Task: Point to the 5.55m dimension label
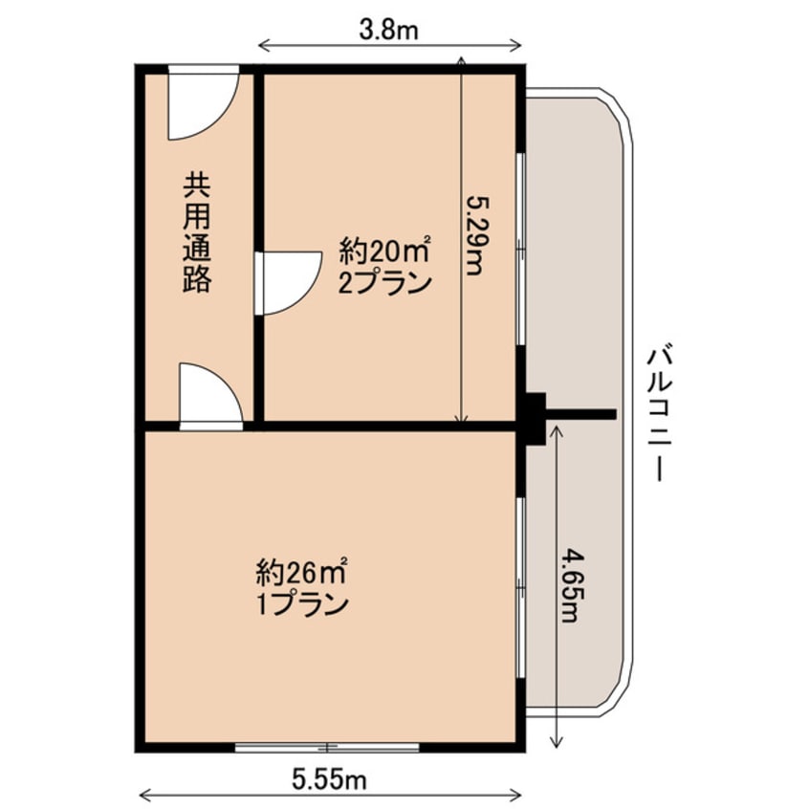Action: click(330, 779)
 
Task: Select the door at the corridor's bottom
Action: click(209, 394)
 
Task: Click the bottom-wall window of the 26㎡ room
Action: click(327, 747)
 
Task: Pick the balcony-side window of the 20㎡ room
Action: click(520, 248)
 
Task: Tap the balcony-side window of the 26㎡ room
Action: click(520, 588)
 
